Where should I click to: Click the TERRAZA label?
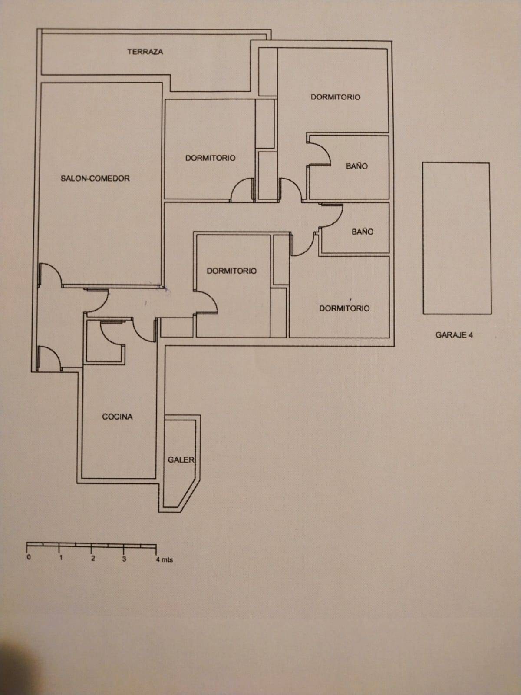click(145, 52)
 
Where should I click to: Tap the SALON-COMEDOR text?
click(95, 179)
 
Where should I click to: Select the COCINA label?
click(117, 417)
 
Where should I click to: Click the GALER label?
click(181, 460)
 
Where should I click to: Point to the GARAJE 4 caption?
click(454, 335)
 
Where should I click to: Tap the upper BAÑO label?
click(356, 166)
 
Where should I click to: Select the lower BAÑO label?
click(362, 232)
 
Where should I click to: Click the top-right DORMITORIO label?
click(335, 97)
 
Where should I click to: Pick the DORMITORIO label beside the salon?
click(210, 158)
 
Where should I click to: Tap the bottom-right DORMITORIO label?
click(344, 308)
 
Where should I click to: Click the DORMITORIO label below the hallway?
click(231, 271)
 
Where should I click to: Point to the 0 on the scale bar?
click(29, 558)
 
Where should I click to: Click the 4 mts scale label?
click(164, 560)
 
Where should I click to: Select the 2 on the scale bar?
click(92, 559)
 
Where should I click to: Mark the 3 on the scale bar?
click(124, 559)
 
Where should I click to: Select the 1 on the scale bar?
click(61, 558)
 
